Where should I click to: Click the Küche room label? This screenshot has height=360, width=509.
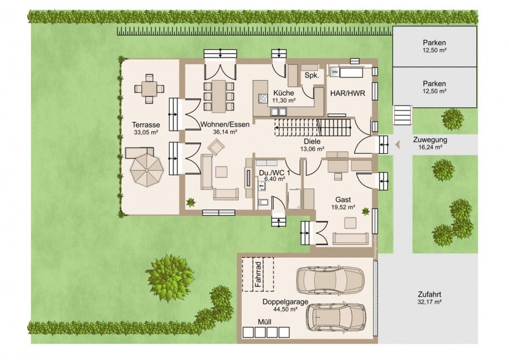click(283, 93)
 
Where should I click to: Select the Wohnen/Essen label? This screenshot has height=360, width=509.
click(225, 124)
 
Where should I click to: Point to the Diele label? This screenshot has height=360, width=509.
click(312, 142)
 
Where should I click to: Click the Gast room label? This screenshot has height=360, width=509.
click(343, 200)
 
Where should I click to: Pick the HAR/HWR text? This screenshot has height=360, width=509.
click(347, 93)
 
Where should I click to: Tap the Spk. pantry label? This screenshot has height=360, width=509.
click(311, 76)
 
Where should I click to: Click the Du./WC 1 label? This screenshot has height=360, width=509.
click(274, 173)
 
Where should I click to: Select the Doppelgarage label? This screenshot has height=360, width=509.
click(285, 302)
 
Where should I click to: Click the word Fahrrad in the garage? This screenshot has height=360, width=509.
click(258, 274)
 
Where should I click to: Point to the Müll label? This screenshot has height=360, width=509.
click(264, 322)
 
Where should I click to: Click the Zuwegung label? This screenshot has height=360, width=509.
click(430, 140)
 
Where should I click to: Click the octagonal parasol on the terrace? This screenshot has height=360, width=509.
click(146, 169)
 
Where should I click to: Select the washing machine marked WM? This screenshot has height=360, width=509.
click(334, 72)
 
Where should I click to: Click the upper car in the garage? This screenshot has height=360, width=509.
click(331, 281)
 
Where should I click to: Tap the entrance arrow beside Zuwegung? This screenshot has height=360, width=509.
click(397, 145)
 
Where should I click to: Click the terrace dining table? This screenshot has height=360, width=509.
click(149, 88)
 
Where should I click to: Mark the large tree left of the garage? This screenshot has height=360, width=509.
click(170, 278)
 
